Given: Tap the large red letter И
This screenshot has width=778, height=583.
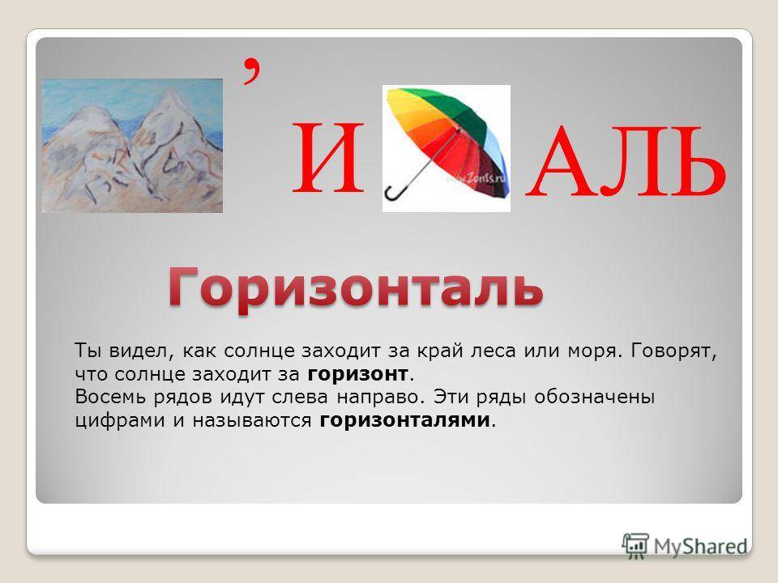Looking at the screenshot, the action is coord(328,159).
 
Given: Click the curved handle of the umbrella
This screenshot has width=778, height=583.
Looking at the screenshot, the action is coord(395,193).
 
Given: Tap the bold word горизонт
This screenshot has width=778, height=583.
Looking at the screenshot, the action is coord(357,374).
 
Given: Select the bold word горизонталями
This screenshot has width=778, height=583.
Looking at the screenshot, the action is coord(404,420).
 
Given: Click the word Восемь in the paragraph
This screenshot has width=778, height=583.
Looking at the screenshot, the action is coord(110,397).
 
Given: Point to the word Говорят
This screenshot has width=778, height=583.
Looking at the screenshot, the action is coord(673,351).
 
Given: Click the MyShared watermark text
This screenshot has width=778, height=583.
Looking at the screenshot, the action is coord(700,547).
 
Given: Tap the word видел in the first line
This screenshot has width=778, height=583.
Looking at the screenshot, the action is coord(141,351).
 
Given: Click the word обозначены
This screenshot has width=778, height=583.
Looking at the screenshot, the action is coord(594,397).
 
